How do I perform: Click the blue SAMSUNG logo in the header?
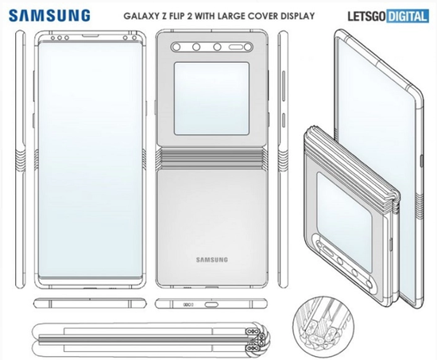pos(49,16)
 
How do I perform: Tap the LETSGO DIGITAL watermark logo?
pos(388,16)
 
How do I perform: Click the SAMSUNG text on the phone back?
pos(212,260)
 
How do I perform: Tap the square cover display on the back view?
pos(211,99)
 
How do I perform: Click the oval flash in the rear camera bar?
pos(235,48)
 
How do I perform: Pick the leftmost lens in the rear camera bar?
pos(176,48)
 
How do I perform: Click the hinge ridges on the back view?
pos(212,159)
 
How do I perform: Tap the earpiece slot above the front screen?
pos(91,36)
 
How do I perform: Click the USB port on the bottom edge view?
pos(212,304)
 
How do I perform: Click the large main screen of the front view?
pos(90,159)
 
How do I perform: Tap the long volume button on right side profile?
pos(284,86)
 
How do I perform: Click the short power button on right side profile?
pos(284,120)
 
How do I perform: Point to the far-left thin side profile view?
pos(21,159)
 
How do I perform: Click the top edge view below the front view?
pos(90,304)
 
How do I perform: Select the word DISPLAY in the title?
pos(298,16)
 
